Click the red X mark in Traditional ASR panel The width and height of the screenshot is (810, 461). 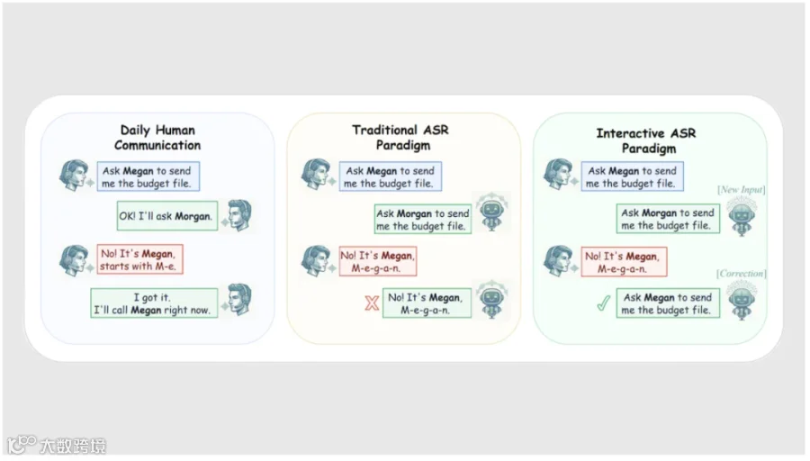(x=372, y=303)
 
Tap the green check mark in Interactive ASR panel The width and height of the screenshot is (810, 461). (x=603, y=303)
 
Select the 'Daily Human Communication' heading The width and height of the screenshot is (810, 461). (x=157, y=138)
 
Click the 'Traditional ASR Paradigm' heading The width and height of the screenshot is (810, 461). (x=400, y=138)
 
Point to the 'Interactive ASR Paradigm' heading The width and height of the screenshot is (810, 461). (x=646, y=140)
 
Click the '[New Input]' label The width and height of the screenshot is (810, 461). (x=742, y=190)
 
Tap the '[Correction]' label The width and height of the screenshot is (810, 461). (x=742, y=274)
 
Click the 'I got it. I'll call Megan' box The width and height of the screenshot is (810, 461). (x=154, y=303)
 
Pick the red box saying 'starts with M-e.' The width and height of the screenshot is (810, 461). (x=139, y=259)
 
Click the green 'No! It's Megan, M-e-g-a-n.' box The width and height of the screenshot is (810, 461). (x=427, y=303)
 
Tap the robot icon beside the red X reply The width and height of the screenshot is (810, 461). (x=491, y=299)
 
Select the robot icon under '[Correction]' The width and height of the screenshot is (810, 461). (x=742, y=300)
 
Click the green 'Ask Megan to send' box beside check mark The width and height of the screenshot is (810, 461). (x=668, y=303)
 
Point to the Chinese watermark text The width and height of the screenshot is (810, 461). (x=72, y=446)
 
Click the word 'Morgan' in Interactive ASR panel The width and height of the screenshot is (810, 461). (x=659, y=212)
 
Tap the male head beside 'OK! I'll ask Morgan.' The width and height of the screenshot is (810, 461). (x=239, y=214)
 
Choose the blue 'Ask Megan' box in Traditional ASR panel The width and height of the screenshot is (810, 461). (x=391, y=176)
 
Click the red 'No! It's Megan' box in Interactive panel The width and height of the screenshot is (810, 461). (x=624, y=261)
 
